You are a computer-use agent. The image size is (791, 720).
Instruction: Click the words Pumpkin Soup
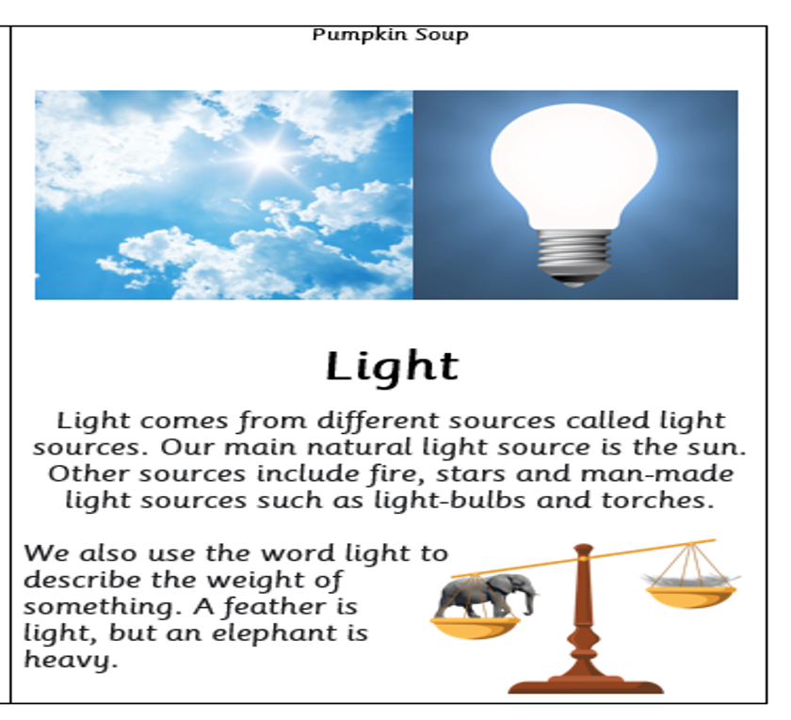pyautogui.click(x=390, y=36)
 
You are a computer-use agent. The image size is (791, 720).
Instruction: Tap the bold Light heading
pyautogui.click(x=392, y=366)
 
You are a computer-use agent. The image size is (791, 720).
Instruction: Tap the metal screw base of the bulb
pyautogui.click(x=574, y=257)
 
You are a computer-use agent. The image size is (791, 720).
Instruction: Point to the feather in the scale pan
pyautogui.click(x=690, y=580)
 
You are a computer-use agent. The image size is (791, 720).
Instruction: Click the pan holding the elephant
pyautogui.click(x=475, y=627)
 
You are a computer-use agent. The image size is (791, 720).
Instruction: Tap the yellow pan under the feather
pyautogui.click(x=690, y=597)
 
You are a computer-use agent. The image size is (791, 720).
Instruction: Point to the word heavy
pyautogui.click(x=71, y=660)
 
